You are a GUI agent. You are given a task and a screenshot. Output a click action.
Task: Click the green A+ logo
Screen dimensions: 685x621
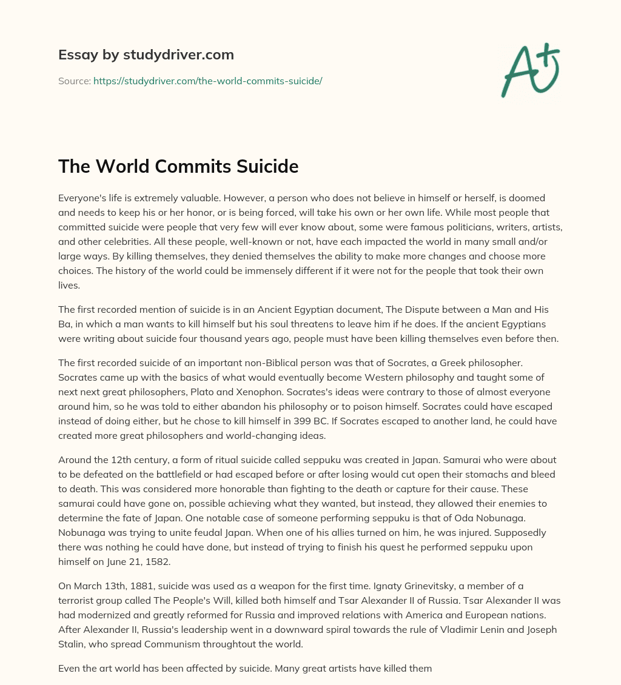(x=529, y=71)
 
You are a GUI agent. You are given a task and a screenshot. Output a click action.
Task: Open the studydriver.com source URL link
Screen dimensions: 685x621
(x=207, y=81)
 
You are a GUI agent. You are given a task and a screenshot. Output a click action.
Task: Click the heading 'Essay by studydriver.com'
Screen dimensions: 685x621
(x=146, y=55)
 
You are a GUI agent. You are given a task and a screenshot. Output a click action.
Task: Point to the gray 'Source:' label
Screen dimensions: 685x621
(x=74, y=81)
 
